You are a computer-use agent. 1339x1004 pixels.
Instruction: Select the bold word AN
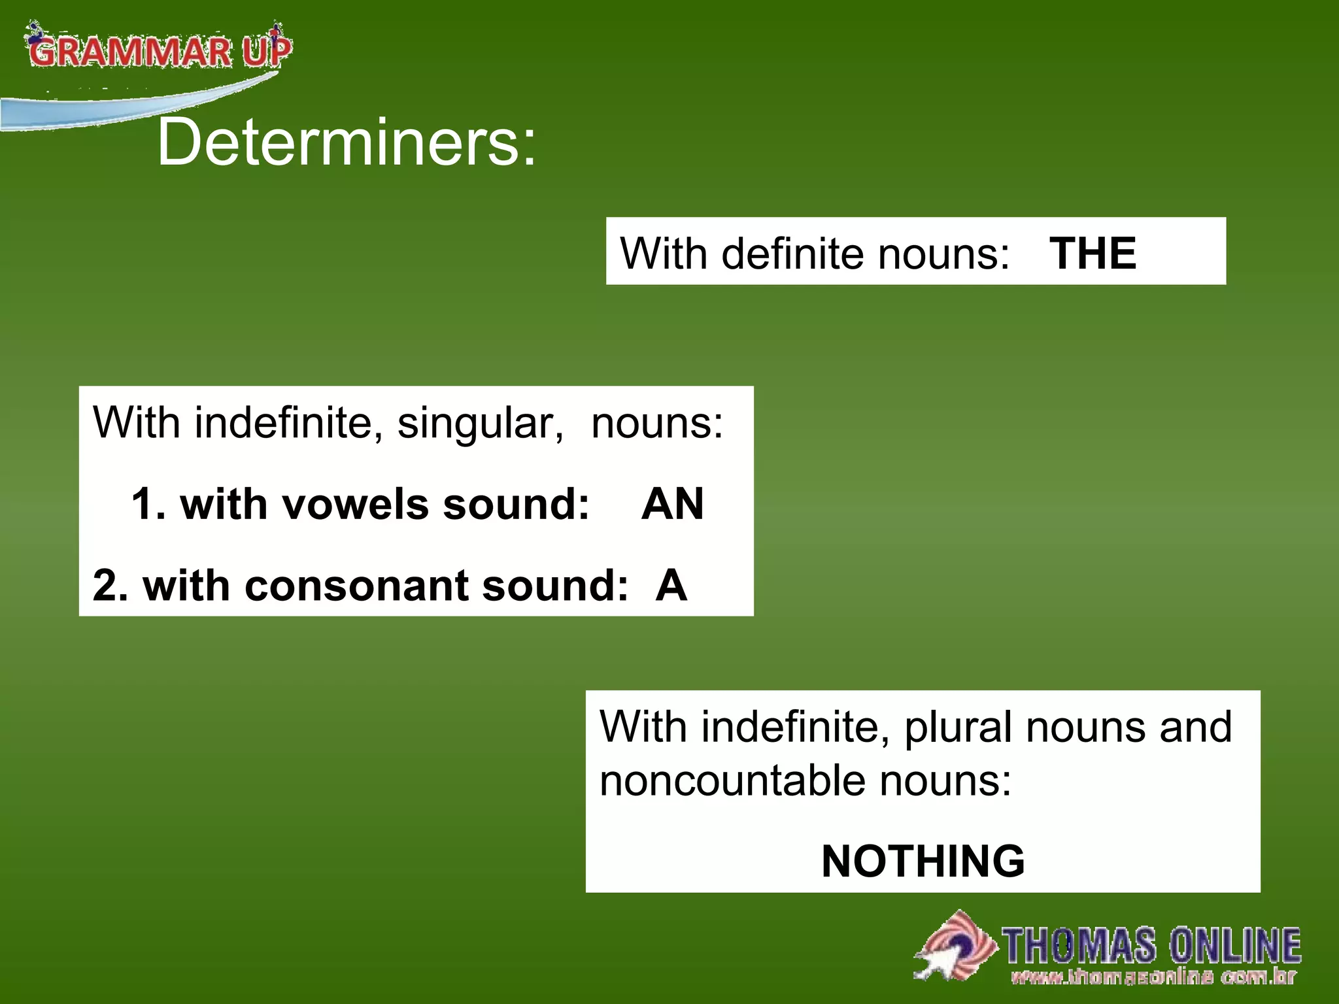(673, 504)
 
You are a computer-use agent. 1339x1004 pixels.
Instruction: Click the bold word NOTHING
(923, 861)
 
